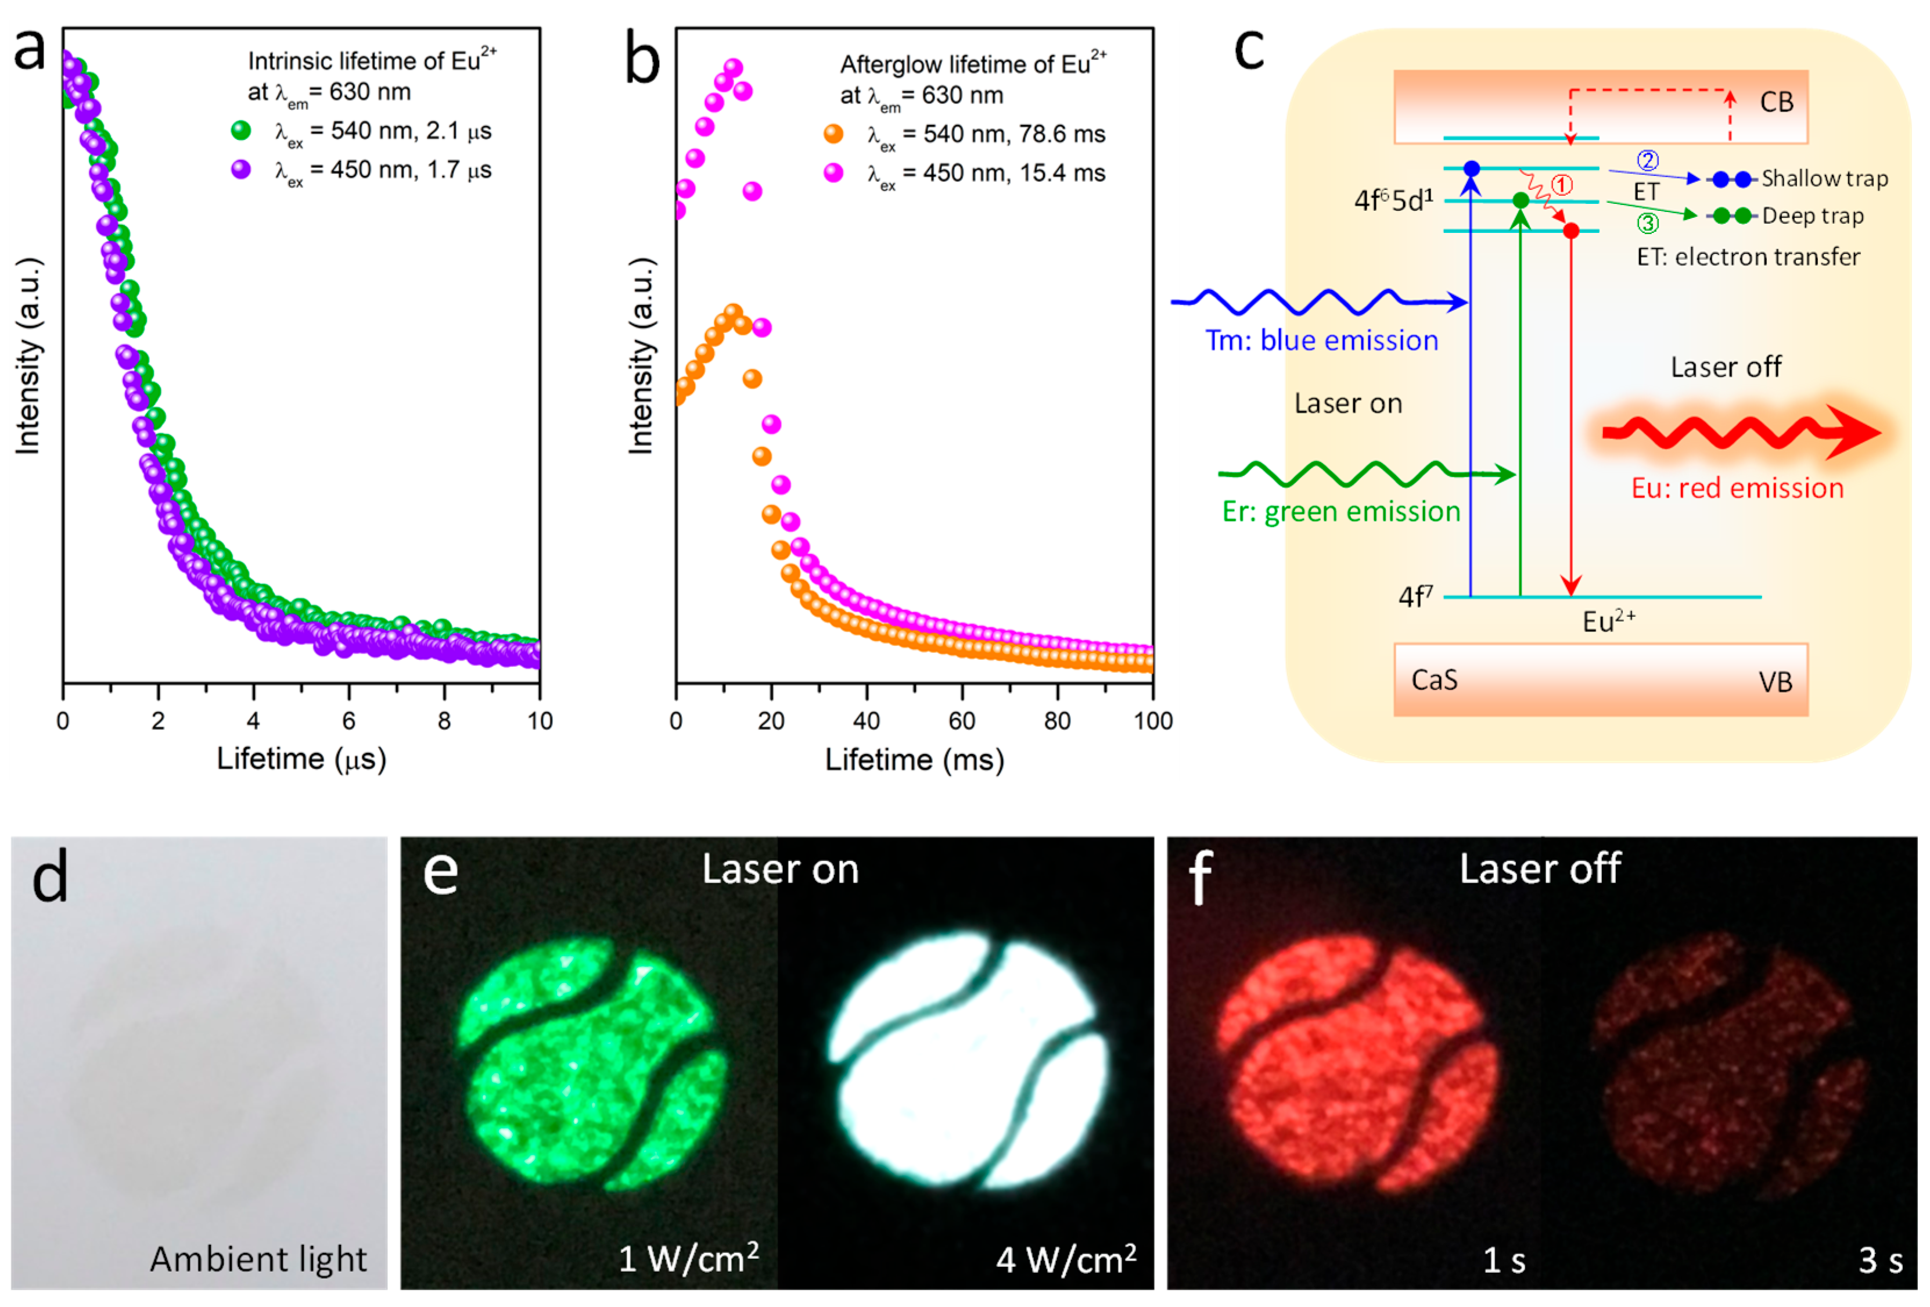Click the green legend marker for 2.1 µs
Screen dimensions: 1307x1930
pyautogui.click(x=241, y=130)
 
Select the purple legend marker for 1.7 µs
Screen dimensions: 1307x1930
pyautogui.click(x=241, y=170)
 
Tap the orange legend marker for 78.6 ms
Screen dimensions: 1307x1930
pyautogui.click(x=833, y=134)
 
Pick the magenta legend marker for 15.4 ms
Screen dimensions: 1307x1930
pyautogui.click(x=833, y=173)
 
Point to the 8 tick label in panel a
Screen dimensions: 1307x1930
pyautogui.click(x=444, y=721)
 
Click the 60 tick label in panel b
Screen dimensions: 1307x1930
pyautogui.click(x=962, y=721)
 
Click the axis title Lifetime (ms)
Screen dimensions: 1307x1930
pyautogui.click(x=914, y=760)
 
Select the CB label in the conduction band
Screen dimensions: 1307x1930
pyautogui.click(x=1776, y=102)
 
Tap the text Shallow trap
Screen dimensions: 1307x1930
pyautogui.click(x=1824, y=178)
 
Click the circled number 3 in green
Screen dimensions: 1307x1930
pyautogui.click(x=1648, y=222)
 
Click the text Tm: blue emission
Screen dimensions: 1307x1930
pyautogui.click(x=1321, y=340)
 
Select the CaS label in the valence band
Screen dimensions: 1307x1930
pyautogui.click(x=1434, y=680)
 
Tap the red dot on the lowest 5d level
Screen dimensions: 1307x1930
pyautogui.click(x=1570, y=231)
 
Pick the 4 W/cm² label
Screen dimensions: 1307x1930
pyautogui.click(x=1066, y=1259)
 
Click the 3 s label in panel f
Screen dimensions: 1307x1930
pyautogui.click(x=1880, y=1260)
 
